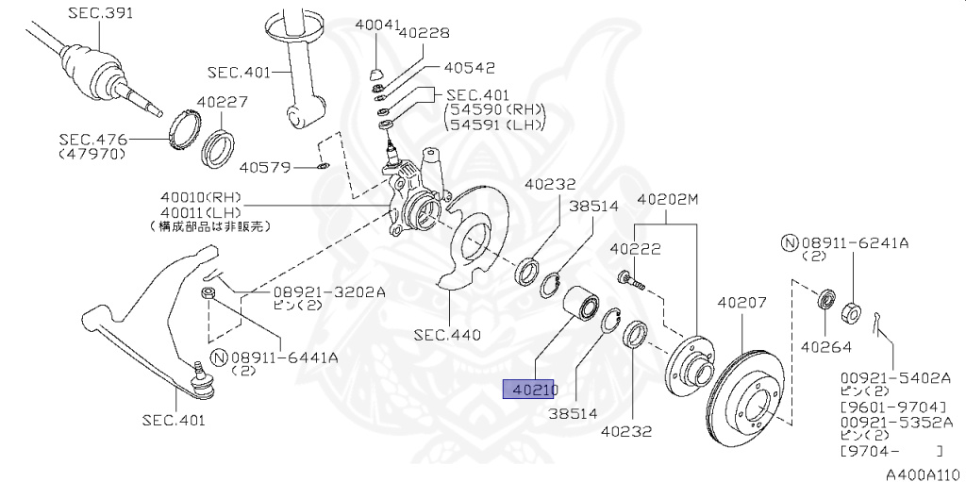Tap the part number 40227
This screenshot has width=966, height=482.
(x=222, y=103)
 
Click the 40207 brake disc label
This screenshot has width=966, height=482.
(x=743, y=304)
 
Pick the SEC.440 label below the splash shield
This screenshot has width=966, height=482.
(x=447, y=335)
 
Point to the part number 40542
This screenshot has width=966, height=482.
(x=468, y=68)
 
